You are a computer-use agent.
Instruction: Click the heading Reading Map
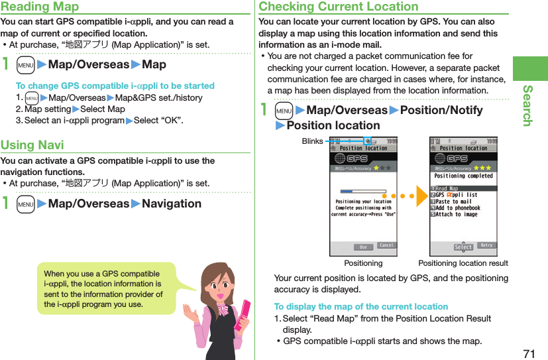click(x=40, y=7)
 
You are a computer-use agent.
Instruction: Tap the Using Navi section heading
click(x=32, y=145)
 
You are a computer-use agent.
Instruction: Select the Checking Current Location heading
click(x=339, y=7)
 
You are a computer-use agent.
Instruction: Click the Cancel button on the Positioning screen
click(x=386, y=246)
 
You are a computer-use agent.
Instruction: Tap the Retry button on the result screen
click(x=486, y=246)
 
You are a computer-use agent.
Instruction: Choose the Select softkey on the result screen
click(x=463, y=247)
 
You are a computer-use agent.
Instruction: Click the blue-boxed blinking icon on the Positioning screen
click(x=367, y=141)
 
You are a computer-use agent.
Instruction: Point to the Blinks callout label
click(x=312, y=141)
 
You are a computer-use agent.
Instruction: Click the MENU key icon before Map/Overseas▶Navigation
click(x=26, y=204)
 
